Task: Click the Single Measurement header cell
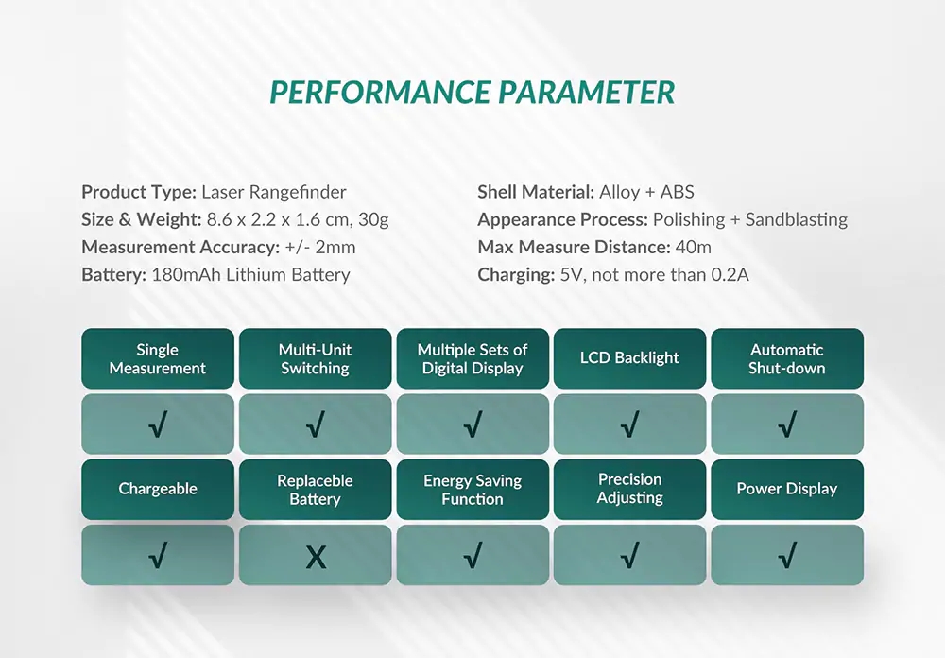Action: tap(157, 358)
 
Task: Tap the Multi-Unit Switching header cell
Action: tap(315, 358)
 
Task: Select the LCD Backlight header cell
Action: tap(629, 358)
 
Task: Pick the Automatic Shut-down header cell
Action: tap(786, 358)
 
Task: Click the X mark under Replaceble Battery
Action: tap(316, 558)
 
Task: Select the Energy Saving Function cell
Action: tap(472, 490)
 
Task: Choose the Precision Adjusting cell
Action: tap(629, 489)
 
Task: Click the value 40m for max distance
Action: tap(694, 248)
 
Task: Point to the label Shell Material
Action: tap(536, 193)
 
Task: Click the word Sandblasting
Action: tap(797, 220)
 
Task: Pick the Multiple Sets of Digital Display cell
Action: tap(472, 358)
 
